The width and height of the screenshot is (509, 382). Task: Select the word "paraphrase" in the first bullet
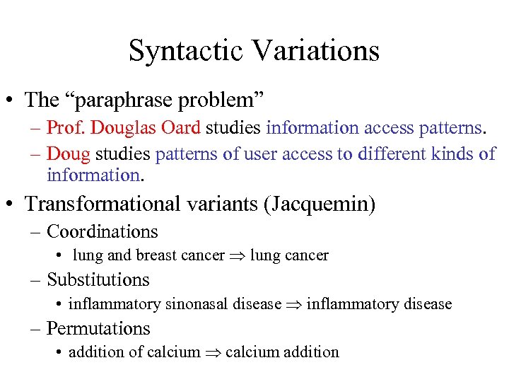129,100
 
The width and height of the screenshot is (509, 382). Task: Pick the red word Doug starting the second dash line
69,154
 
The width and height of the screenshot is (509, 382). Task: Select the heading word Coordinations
102,231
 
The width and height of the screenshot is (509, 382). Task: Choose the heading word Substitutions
98,280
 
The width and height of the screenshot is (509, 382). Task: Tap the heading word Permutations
98,328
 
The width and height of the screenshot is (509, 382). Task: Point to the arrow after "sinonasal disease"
294,305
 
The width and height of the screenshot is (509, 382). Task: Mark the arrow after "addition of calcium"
213,352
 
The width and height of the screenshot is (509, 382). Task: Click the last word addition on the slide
310,352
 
